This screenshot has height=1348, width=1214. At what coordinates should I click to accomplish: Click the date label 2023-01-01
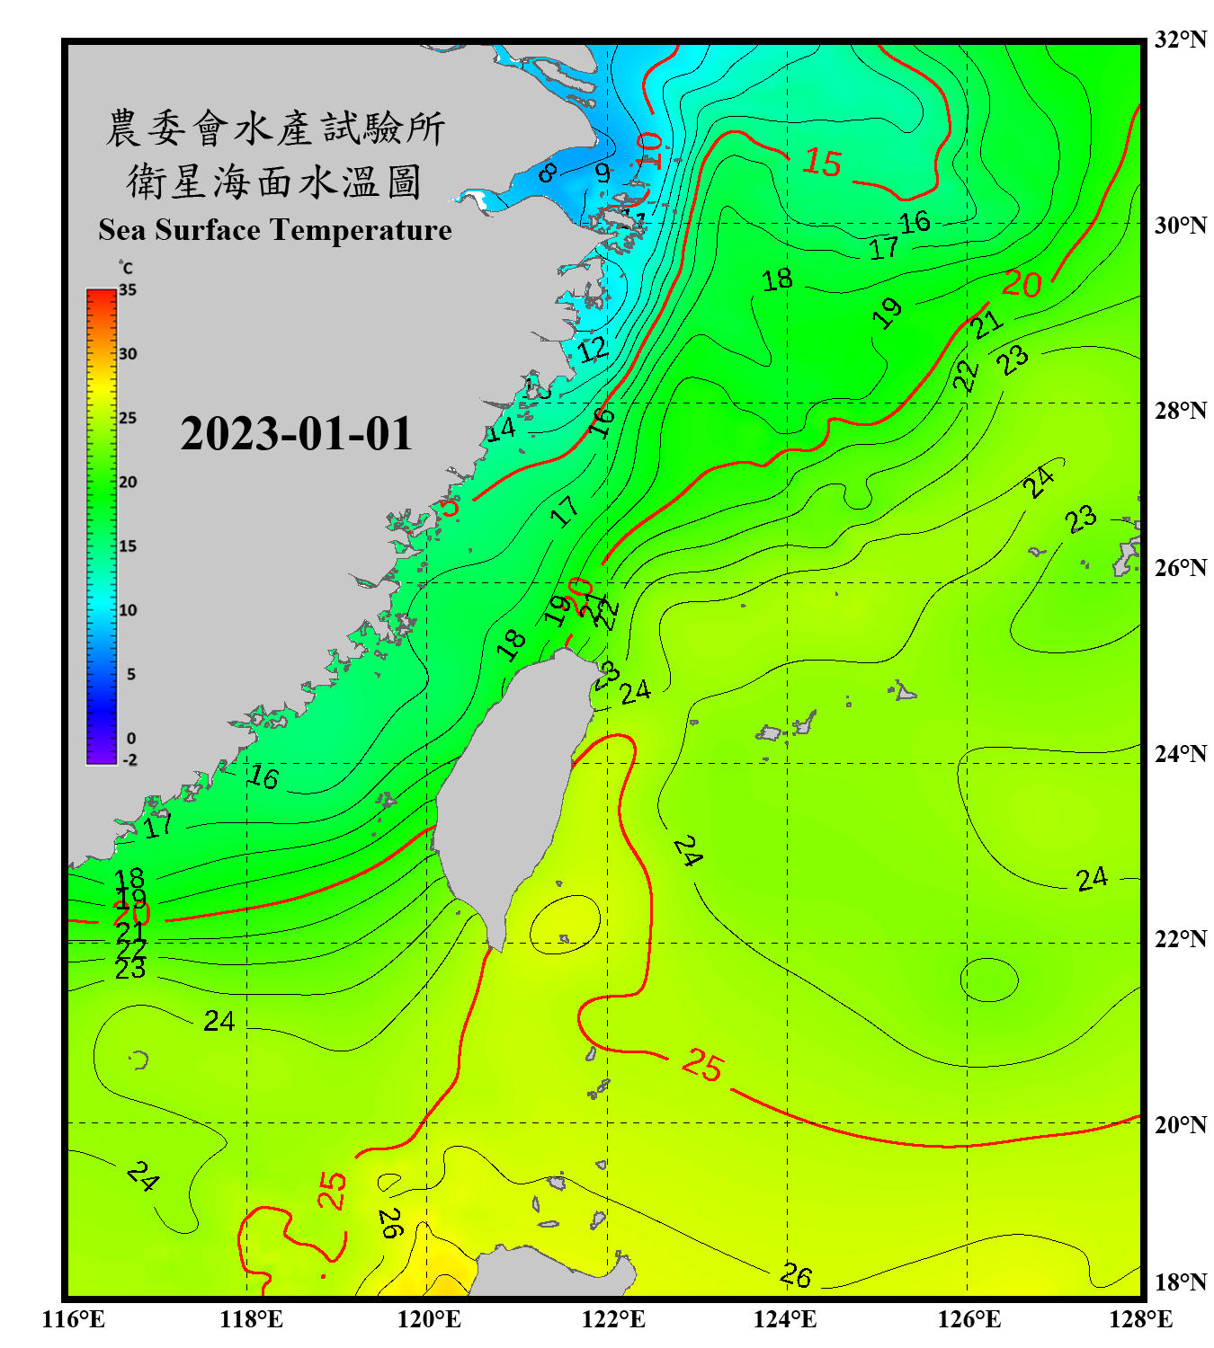point(296,434)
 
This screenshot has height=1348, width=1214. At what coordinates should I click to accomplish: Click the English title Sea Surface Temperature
point(274,230)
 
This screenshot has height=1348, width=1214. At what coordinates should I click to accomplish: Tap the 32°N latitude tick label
point(1181,40)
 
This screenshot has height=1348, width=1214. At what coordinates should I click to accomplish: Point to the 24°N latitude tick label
point(1181,753)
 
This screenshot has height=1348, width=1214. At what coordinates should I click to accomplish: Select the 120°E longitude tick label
point(429,1319)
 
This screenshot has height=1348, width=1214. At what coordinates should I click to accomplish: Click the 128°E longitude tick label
point(1140,1319)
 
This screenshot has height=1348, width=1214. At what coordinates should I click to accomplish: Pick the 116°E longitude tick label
point(73,1319)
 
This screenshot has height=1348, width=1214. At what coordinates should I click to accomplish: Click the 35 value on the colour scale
point(128,289)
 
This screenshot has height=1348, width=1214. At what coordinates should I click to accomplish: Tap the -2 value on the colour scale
point(129,760)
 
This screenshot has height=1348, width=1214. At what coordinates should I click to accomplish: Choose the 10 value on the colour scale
point(128,610)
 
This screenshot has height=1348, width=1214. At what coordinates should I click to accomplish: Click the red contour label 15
point(822,163)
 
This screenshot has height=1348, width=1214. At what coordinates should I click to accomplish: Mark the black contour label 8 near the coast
point(547,172)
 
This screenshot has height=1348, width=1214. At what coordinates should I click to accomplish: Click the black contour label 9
point(603,172)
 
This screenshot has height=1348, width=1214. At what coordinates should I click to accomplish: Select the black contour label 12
point(593,350)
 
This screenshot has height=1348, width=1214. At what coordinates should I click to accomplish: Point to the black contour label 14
point(501,429)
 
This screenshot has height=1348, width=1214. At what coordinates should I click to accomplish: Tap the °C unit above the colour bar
point(126,268)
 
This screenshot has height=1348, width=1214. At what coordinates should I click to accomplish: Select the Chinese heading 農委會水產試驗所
point(274,129)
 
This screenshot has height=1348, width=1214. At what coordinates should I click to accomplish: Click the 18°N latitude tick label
point(1181,1281)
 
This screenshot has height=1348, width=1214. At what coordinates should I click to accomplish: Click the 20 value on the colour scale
point(128,482)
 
